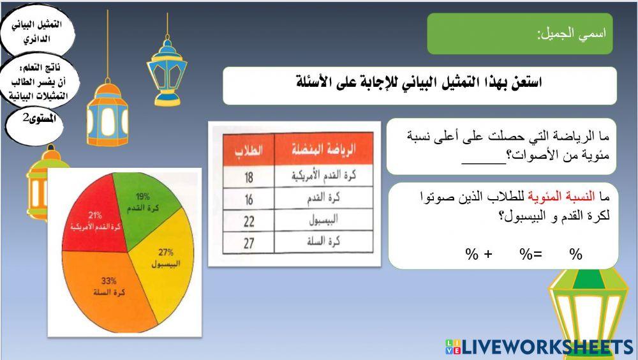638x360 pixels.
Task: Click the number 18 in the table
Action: click(x=249, y=177)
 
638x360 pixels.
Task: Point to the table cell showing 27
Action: click(x=249, y=243)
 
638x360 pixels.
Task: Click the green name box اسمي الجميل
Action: click(x=519, y=34)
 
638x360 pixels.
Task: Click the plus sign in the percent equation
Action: click(x=488, y=254)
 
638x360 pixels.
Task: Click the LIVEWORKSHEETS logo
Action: click(x=539, y=347)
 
